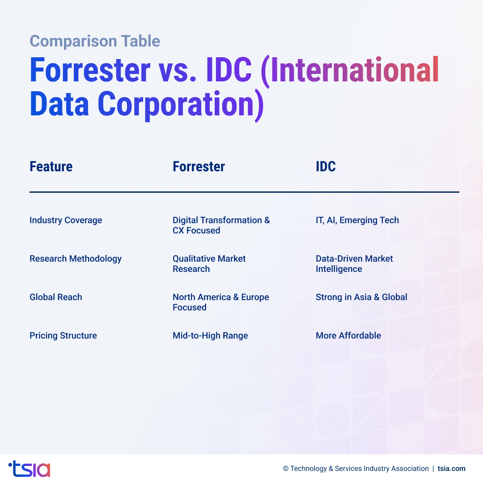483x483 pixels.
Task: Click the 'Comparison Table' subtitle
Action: click(95, 41)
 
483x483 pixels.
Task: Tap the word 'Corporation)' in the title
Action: click(181, 104)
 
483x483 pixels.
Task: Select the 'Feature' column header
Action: click(51, 167)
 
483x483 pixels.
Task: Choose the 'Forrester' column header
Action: click(199, 167)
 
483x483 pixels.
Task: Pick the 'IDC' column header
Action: click(326, 167)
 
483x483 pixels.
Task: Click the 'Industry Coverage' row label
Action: click(66, 220)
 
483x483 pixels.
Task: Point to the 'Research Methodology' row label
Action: click(76, 258)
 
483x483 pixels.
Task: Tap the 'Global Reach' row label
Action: click(56, 297)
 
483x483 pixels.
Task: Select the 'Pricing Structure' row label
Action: click(63, 335)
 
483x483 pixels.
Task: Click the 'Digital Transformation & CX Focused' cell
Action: click(221, 225)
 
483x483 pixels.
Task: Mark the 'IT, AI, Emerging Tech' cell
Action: click(357, 220)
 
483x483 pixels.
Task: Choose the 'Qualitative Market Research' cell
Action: click(209, 263)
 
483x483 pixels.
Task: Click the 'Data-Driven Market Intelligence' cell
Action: click(354, 263)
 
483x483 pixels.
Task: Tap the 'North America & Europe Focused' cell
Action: click(220, 302)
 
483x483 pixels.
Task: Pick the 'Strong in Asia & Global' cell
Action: click(361, 297)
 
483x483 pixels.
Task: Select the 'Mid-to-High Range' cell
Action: click(210, 335)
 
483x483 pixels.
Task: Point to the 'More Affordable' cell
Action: click(348, 335)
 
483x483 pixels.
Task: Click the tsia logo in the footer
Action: click(30, 469)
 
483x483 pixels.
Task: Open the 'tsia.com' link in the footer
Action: click(451, 469)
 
